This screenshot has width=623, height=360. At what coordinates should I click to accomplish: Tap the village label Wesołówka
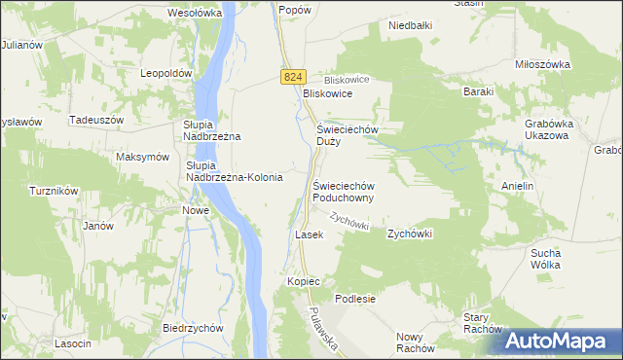tap(196, 14)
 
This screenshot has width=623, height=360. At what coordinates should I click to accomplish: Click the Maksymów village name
tap(142, 158)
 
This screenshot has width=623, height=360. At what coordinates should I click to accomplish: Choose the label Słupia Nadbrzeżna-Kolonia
tap(234, 171)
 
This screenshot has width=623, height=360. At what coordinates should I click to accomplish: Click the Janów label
tap(98, 226)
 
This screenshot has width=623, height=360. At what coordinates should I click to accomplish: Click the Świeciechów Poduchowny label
tap(344, 191)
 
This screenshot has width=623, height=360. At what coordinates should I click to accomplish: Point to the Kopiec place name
tap(304, 281)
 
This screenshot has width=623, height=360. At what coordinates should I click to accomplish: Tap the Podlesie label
tap(355, 299)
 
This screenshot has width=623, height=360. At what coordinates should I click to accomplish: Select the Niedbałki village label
tap(410, 26)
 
